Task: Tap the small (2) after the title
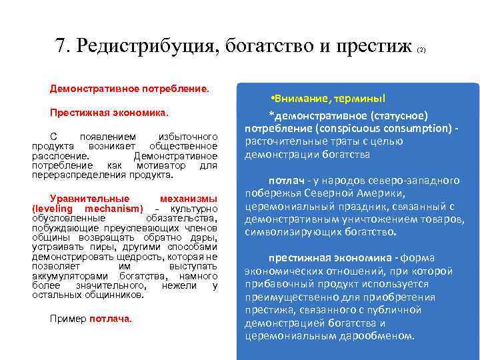[x=421, y=50]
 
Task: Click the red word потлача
[x=110, y=319]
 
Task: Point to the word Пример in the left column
[x=68, y=319]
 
